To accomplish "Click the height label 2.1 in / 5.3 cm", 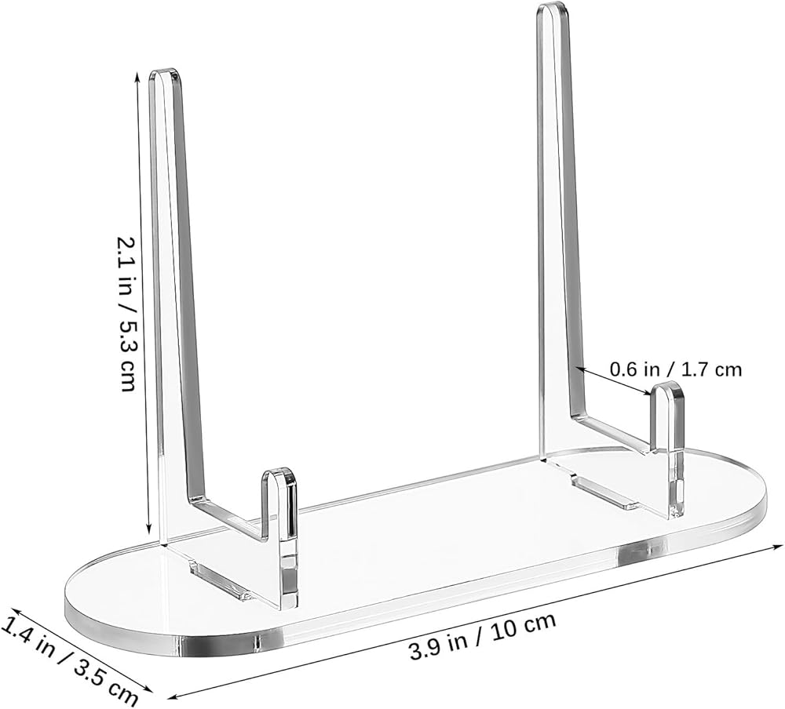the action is (126, 314).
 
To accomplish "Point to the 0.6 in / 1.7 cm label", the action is (675, 370).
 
